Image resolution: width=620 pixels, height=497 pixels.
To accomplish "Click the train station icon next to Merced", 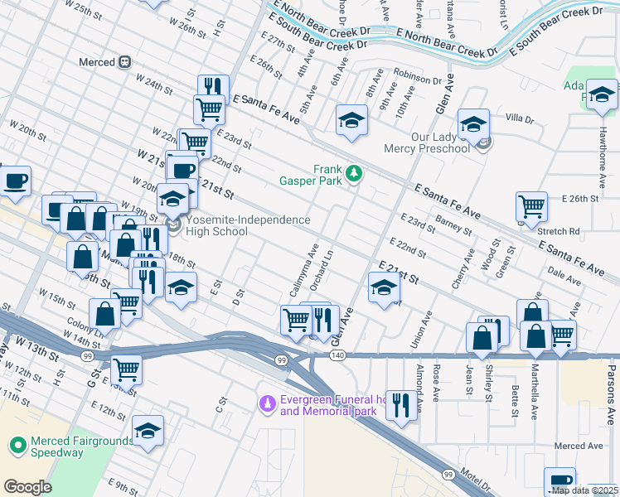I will [x=125, y=62].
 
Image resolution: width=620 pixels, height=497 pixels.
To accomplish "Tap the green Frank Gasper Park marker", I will [x=354, y=172].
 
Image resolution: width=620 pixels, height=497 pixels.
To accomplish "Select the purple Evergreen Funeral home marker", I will [x=267, y=403].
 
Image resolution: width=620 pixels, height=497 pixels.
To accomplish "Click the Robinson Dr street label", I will [x=419, y=80].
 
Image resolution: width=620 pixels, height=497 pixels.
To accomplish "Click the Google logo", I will [x=27, y=487].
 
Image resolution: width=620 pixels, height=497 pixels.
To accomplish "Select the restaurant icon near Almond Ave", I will [x=401, y=405].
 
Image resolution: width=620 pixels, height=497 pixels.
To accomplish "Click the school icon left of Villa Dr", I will [x=473, y=124].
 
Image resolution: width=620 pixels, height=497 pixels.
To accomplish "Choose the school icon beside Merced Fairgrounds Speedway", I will [x=148, y=431].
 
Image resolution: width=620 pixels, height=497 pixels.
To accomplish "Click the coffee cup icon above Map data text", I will [x=559, y=481].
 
